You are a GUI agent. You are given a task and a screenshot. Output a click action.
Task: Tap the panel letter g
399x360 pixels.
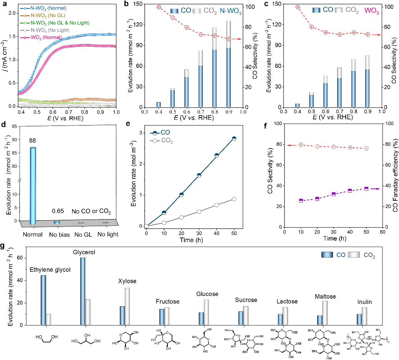[3, 245]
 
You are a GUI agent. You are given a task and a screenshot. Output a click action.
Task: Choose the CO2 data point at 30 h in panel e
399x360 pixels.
[199, 211]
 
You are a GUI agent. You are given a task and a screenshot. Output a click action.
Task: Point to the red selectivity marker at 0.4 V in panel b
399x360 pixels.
[159, 7]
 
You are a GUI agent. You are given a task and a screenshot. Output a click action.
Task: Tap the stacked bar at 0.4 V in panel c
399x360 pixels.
[297, 105]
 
